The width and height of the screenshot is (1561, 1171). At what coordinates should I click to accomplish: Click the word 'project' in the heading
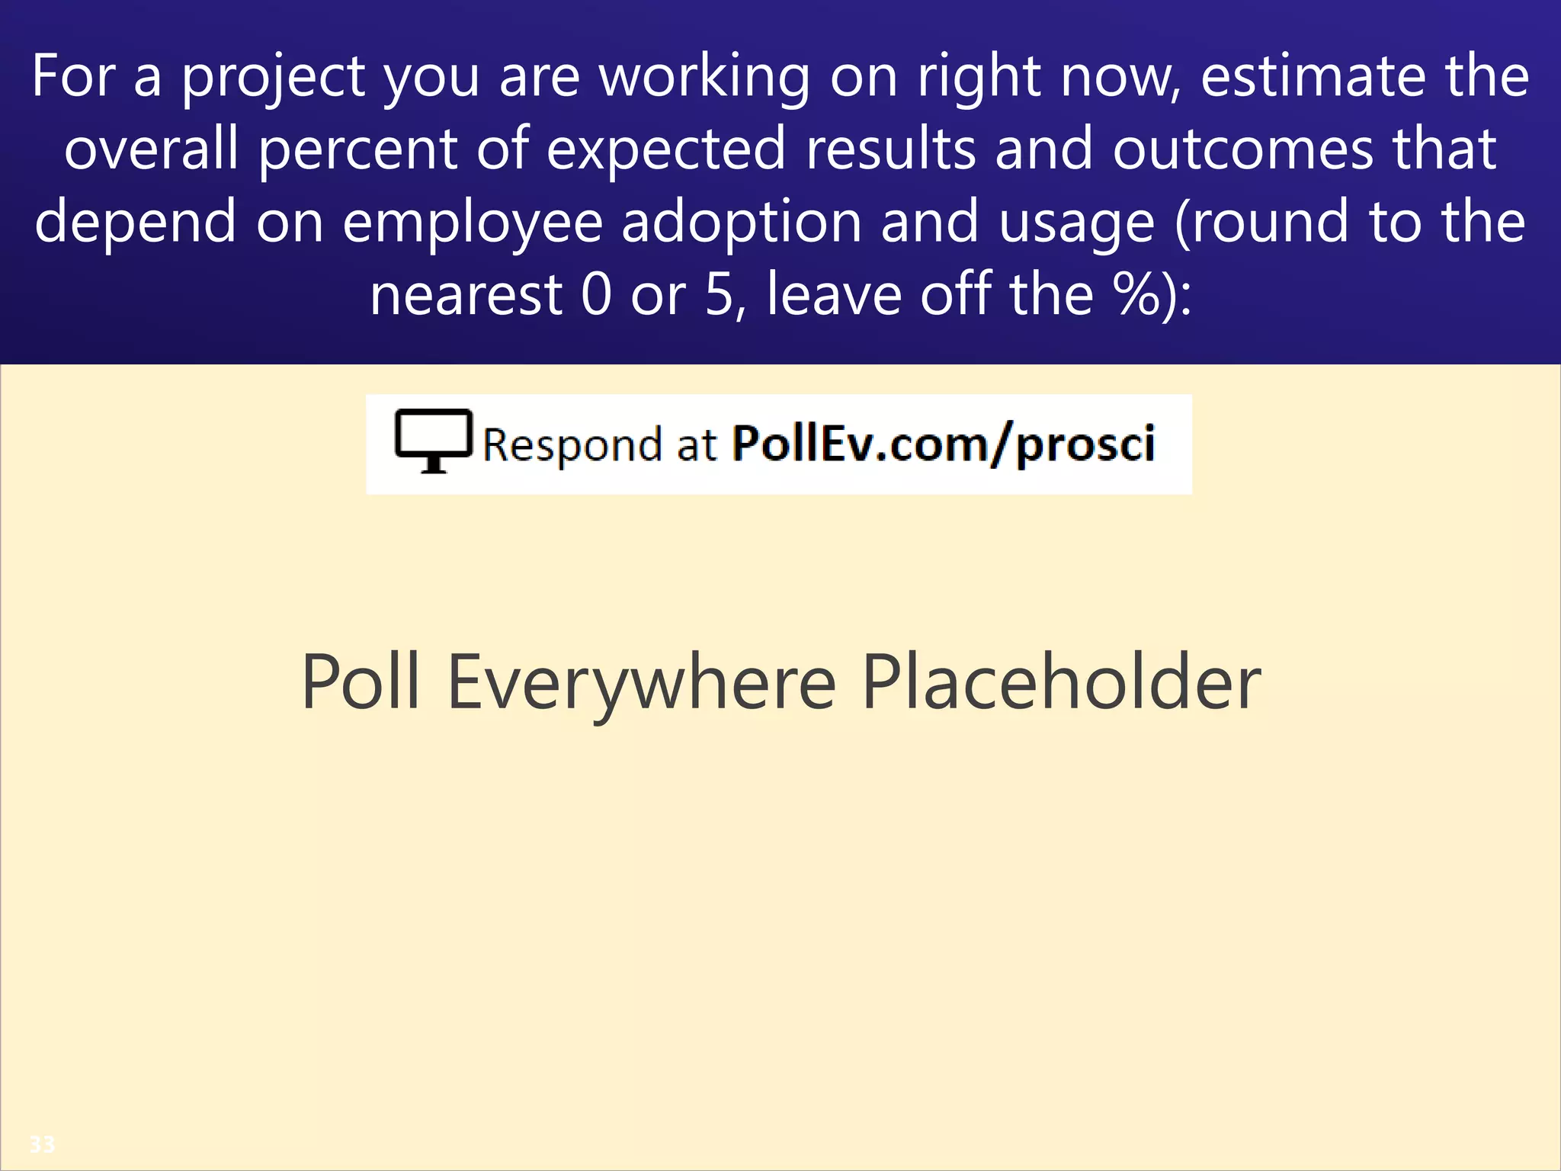click(x=273, y=78)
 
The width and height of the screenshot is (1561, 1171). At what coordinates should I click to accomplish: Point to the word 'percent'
click(x=357, y=150)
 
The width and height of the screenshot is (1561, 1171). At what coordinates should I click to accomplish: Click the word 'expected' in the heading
click(x=665, y=150)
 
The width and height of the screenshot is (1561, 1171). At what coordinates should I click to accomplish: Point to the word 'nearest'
click(x=466, y=296)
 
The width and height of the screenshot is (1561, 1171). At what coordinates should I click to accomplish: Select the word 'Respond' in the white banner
click(x=572, y=444)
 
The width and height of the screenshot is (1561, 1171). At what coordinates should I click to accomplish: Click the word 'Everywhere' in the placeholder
click(x=641, y=683)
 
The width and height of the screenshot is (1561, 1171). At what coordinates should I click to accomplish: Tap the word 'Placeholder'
click(x=1061, y=682)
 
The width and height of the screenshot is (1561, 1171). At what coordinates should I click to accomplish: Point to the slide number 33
click(x=42, y=1144)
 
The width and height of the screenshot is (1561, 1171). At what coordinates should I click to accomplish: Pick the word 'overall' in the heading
click(x=151, y=149)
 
